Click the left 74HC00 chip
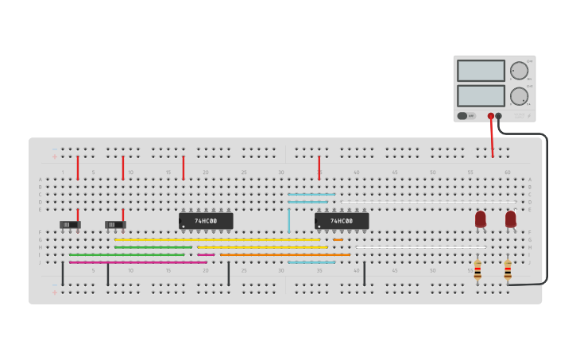(x=206, y=221)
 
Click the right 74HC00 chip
(x=342, y=221)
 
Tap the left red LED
(x=481, y=219)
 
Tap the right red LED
(x=510, y=219)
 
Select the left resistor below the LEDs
(x=477, y=270)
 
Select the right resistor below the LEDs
(x=508, y=270)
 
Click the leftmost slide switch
(x=71, y=225)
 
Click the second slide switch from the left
(x=115, y=225)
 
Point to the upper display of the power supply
(x=481, y=71)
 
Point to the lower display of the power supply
(x=481, y=95)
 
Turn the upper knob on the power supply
(x=519, y=71)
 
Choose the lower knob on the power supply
(x=519, y=96)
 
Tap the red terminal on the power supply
(x=491, y=116)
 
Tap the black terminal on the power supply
(x=499, y=116)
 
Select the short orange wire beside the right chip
(x=338, y=239)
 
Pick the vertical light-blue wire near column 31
(x=288, y=220)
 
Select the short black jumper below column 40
(x=365, y=274)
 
